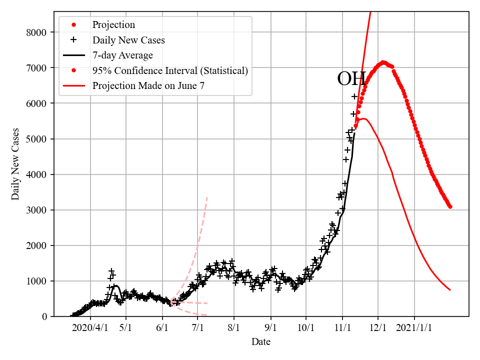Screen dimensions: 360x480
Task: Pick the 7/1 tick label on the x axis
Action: [198, 329]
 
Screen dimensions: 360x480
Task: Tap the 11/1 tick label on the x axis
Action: [342, 329]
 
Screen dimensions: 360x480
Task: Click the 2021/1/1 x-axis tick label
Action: [414, 329]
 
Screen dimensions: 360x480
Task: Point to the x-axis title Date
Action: [261, 342]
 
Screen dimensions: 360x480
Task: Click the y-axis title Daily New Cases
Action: [16, 163]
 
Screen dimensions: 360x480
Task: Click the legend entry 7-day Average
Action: [122, 55]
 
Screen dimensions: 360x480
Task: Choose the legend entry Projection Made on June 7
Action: [148, 86]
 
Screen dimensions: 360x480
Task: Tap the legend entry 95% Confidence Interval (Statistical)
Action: [170, 70]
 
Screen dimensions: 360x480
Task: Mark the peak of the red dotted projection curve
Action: [383, 62]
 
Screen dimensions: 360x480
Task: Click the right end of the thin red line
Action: [450, 290]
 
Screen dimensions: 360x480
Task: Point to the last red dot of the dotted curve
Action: [450, 206]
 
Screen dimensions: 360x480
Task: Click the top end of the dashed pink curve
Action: [207, 197]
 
